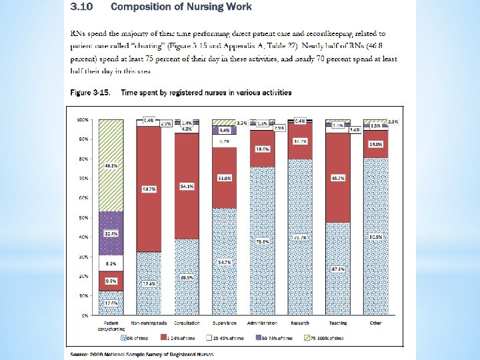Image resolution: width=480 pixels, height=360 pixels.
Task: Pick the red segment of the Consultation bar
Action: [x=187, y=187]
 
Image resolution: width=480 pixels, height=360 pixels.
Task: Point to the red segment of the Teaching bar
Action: [x=339, y=179]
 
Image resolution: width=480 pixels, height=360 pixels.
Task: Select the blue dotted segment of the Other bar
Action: [x=377, y=236]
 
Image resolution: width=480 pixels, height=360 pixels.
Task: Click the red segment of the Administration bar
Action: [x=263, y=149]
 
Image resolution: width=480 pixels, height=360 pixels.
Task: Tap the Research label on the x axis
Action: [x=301, y=322]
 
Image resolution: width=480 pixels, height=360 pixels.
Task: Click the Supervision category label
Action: [x=225, y=322]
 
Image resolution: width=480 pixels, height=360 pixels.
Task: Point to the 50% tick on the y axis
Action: [x=84, y=217]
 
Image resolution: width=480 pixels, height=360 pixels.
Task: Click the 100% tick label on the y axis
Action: [x=83, y=120]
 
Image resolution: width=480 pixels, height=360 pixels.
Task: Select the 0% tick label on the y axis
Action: [x=85, y=315]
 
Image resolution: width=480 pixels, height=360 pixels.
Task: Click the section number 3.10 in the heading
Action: [x=80, y=7]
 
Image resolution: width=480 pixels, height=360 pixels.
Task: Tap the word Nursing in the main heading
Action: [x=186, y=7]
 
